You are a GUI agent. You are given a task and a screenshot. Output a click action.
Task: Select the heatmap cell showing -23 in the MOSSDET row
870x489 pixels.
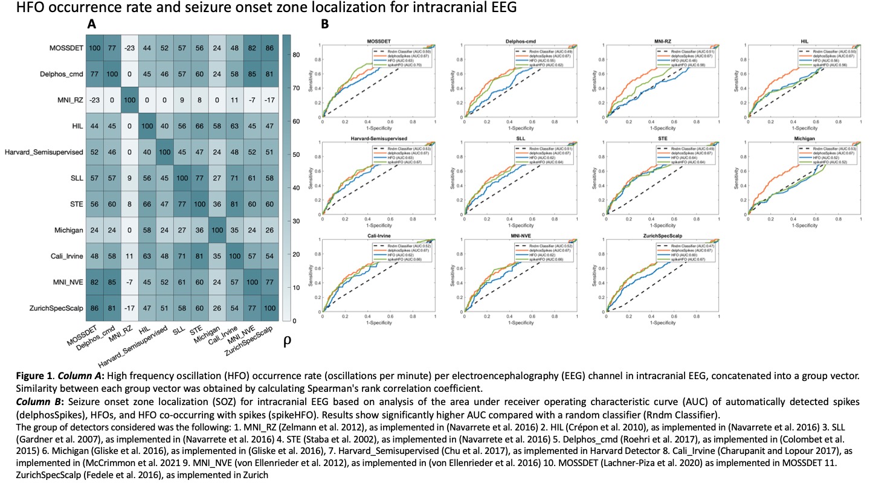pyautogui.click(x=130, y=46)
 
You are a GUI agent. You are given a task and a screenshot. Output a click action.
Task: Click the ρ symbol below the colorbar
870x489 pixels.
pyautogui.click(x=287, y=340)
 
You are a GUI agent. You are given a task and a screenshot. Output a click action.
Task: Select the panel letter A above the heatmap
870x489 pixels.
pyautogui.click(x=92, y=25)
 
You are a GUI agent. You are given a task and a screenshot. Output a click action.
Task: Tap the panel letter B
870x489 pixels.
pyautogui.click(x=325, y=25)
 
